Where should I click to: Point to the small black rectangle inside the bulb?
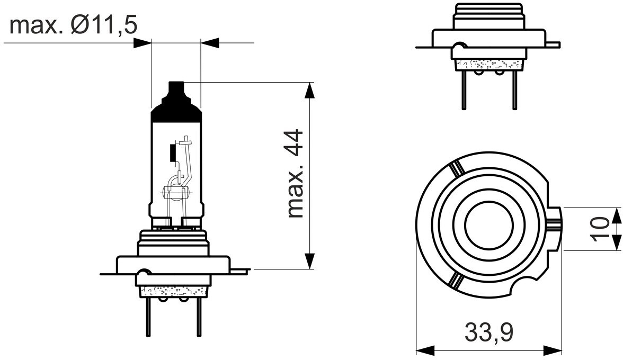[x=172, y=152]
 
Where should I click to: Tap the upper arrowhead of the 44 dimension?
[x=309, y=90]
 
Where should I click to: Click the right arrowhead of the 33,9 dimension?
[x=553, y=350]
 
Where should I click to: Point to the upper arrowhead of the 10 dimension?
[x=617, y=215]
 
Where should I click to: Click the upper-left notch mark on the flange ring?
[x=456, y=169]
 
